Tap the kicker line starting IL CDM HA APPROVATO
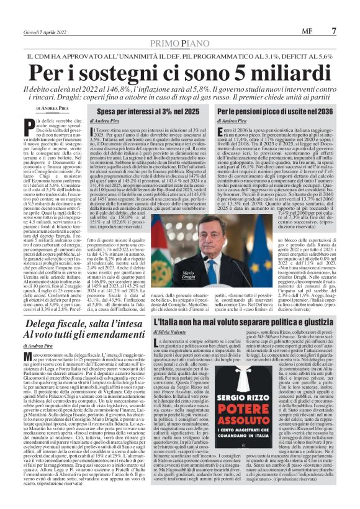(x=179, y=57)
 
